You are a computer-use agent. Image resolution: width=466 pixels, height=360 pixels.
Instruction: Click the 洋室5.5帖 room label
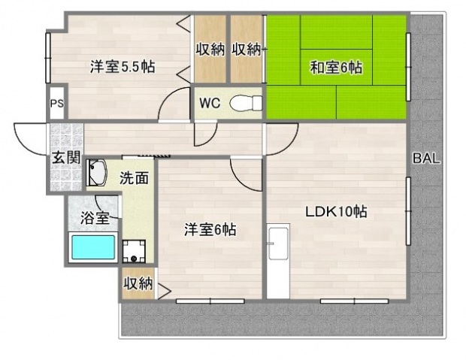coord(123,67)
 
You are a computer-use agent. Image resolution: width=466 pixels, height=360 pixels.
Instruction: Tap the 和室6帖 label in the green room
coord(336,68)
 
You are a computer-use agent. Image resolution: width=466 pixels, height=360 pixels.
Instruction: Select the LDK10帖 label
coord(335,212)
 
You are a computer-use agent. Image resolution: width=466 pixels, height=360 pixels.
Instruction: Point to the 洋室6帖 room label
coord(210,230)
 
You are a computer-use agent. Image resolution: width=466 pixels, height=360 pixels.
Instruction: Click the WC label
coord(209,104)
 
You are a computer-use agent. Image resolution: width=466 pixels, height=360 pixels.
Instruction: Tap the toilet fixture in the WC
coord(244,103)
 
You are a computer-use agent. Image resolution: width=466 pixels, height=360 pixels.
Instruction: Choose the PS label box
coord(56,104)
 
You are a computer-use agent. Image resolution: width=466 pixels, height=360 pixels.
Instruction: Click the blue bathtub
coord(93,247)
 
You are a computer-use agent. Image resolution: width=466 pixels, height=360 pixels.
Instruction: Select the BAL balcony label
coord(426,159)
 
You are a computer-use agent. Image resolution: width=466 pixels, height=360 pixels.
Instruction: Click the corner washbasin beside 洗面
coord(98,174)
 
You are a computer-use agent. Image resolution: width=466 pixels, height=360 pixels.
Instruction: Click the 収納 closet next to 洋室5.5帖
coord(210,50)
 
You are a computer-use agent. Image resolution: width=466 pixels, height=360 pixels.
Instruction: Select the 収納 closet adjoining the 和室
coord(247,50)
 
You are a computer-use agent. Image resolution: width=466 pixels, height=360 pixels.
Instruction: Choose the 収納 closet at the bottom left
coord(138,283)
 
